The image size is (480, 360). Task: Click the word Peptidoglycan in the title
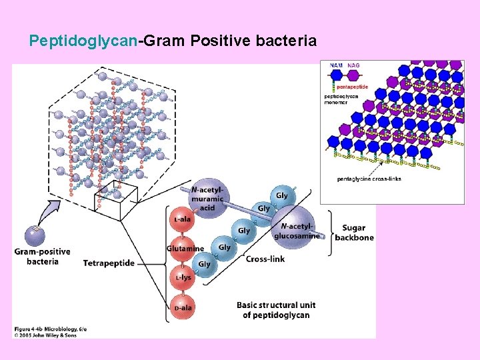(x=83, y=41)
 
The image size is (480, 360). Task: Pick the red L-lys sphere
(x=183, y=277)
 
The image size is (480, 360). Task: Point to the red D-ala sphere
(x=181, y=307)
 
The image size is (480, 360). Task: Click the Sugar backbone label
(x=354, y=233)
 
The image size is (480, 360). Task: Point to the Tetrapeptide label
(x=109, y=263)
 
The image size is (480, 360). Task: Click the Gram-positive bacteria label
(x=41, y=256)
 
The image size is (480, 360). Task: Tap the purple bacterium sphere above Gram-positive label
(x=35, y=235)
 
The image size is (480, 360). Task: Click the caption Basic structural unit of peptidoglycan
(x=276, y=310)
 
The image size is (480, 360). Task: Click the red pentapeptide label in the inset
(x=352, y=87)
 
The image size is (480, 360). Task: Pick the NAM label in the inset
(x=336, y=65)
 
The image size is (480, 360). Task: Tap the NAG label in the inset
(x=353, y=65)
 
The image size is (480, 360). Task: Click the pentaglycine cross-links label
(x=369, y=179)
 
